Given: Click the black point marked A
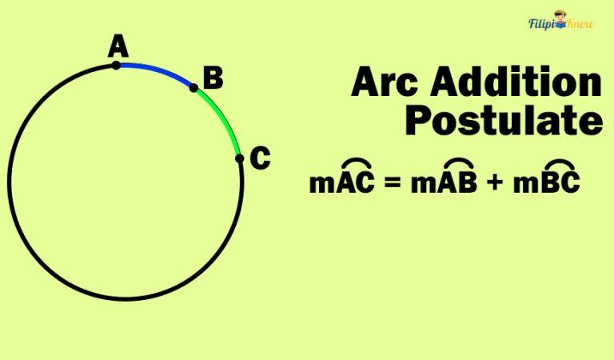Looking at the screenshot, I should click(117, 65).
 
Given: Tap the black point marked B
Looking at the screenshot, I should click(193, 88).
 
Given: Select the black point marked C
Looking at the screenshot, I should click(239, 158).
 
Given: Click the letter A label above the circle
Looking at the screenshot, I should click(118, 47).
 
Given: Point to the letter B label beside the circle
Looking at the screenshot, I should click(213, 78).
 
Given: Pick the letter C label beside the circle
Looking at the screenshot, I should click(260, 158).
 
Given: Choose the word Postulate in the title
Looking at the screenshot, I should click(503, 121).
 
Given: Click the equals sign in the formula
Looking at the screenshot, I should click(392, 183).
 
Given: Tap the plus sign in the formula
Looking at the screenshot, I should click(495, 183).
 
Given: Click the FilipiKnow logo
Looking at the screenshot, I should click(560, 26).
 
